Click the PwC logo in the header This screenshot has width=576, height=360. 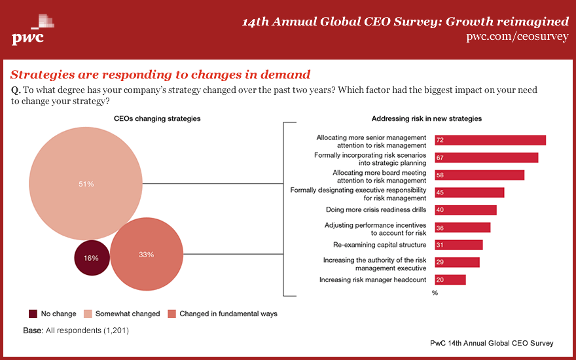[29, 30]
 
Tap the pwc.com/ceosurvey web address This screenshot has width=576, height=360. [517, 37]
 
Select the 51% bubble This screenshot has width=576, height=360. [86, 184]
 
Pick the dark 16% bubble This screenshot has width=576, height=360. [91, 258]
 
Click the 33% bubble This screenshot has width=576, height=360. [146, 254]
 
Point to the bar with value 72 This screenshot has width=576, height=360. [490, 140]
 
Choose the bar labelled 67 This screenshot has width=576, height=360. [486, 158]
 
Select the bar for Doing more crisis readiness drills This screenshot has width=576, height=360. [465, 210]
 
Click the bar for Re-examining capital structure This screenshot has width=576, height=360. [458, 245]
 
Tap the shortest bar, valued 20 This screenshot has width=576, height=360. [450, 279]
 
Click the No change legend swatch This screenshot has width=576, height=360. [33, 314]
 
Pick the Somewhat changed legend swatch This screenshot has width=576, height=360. [88, 314]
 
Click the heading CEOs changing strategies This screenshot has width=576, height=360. [157, 118]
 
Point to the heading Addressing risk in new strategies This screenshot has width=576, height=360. [426, 118]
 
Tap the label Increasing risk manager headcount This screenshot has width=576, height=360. [372, 279]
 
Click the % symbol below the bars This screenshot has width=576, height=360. [435, 293]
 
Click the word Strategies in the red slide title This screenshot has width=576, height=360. [42, 75]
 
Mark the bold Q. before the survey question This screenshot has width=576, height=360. [16, 90]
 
